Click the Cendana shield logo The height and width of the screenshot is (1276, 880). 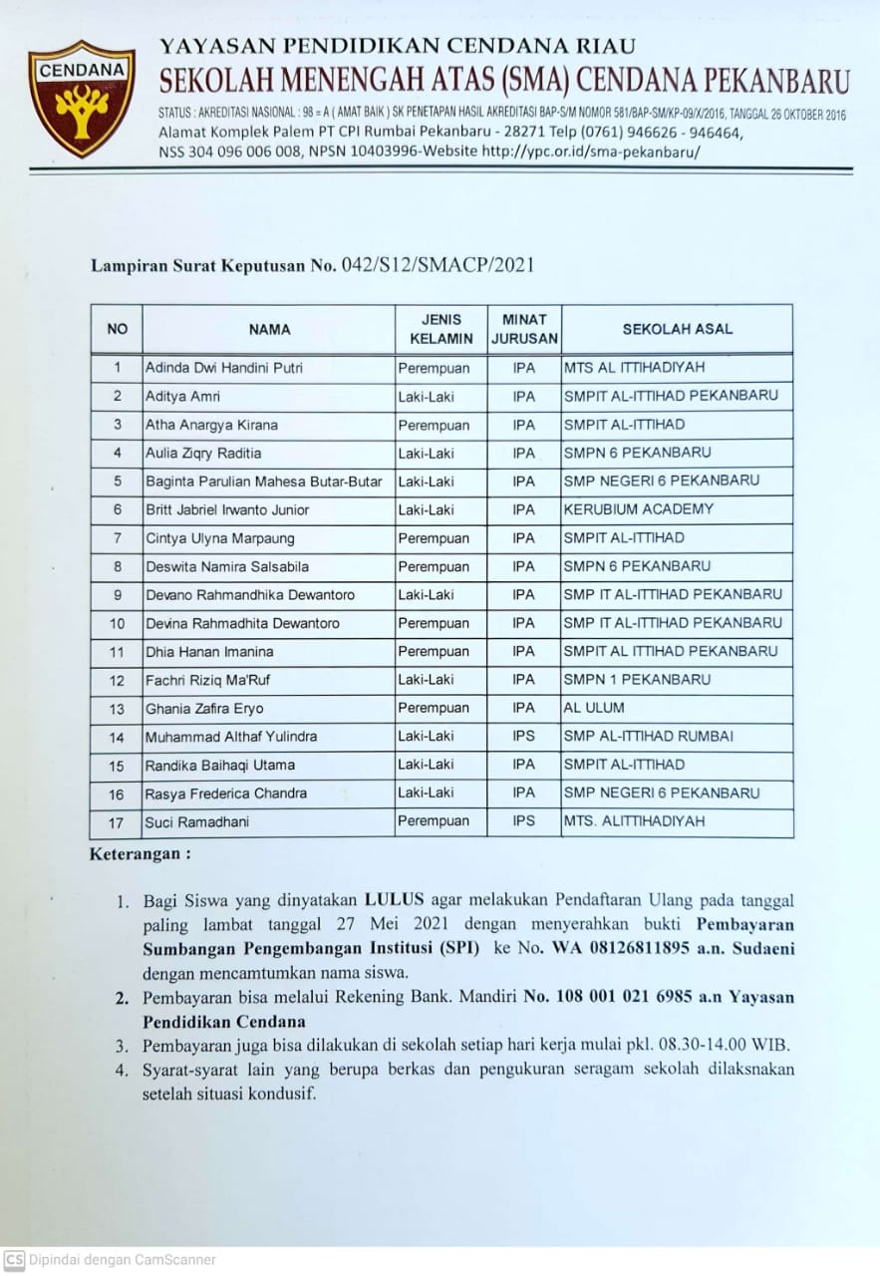point(82,98)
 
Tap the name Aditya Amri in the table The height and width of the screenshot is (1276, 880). point(182,397)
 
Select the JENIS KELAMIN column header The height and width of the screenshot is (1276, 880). point(441,329)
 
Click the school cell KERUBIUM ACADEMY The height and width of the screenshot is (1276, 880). point(639,509)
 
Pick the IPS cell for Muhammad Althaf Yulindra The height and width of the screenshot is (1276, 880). point(523,737)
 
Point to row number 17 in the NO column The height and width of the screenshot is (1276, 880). point(117,822)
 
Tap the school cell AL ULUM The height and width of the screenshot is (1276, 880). point(594,708)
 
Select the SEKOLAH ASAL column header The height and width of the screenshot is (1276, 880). point(677,329)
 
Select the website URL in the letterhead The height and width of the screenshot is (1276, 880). point(592,152)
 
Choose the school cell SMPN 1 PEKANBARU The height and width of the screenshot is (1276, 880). point(638,680)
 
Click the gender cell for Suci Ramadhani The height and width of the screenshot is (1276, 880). point(434,821)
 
